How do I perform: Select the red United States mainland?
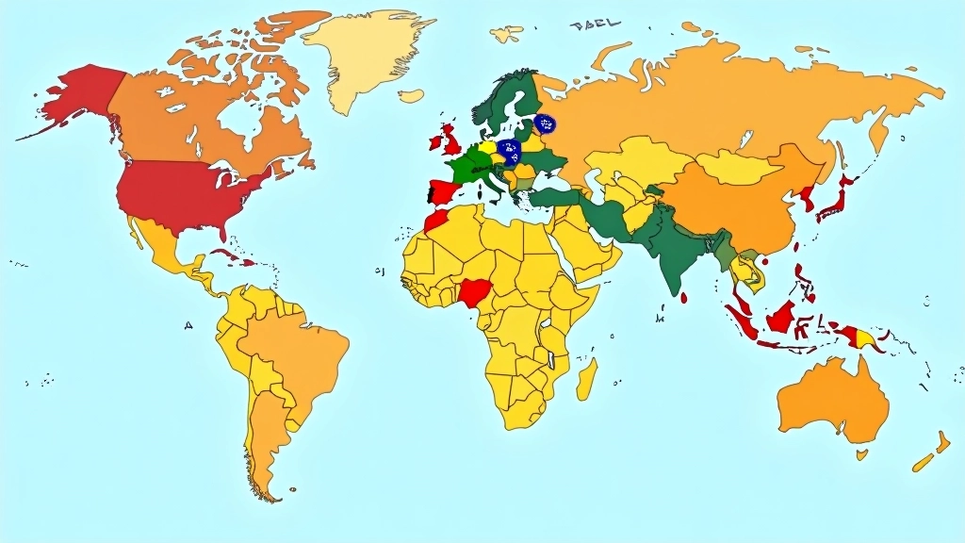(188, 193)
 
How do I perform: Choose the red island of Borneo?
(779, 318)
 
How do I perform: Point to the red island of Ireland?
(435, 144)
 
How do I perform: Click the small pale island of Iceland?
(411, 95)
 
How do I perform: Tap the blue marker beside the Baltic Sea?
(545, 123)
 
